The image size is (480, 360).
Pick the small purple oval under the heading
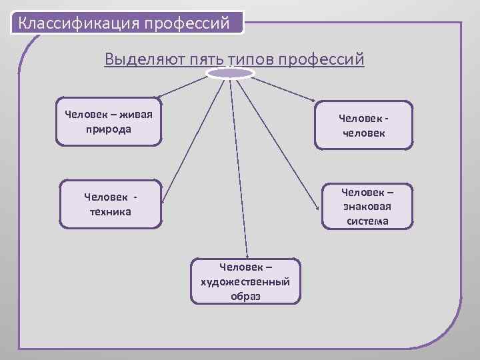tap(230, 73)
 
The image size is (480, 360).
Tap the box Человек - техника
tap(111, 205)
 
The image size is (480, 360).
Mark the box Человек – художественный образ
tap(245, 282)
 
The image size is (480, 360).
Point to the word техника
tap(110, 212)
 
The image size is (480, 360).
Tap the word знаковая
tap(367, 207)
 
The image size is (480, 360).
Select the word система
tap(367, 221)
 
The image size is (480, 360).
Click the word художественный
tap(245, 282)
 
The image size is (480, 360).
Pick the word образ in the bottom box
tap(245, 296)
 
